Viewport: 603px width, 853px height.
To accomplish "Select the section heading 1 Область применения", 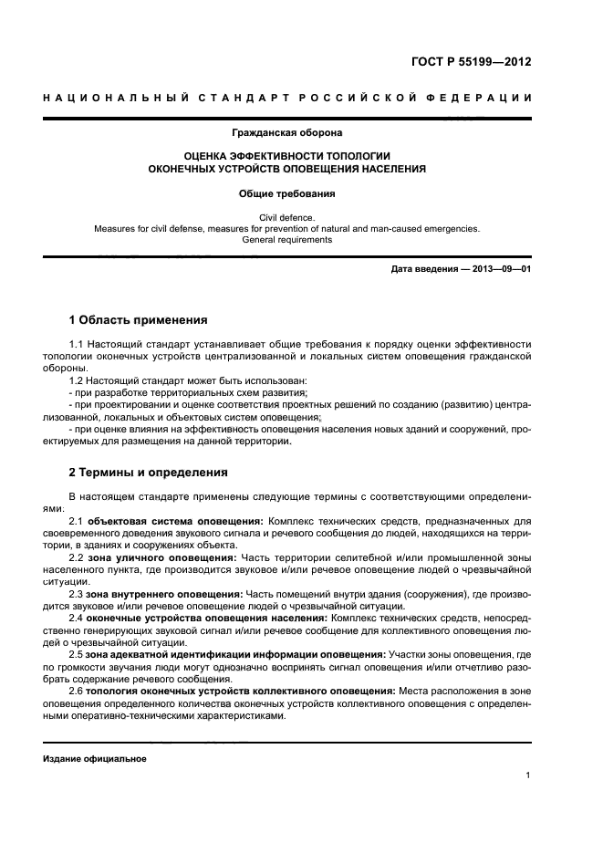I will click(x=139, y=320).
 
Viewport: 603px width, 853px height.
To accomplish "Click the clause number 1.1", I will click(x=78, y=344).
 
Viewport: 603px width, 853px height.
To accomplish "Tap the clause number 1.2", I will click(x=78, y=380).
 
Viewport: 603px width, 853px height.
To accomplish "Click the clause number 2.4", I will click(x=78, y=618).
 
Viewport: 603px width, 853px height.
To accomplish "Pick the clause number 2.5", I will click(x=78, y=654).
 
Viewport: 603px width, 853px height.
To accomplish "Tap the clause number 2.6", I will click(x=78, y=691).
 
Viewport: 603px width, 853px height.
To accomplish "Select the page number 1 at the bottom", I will click(x=528, y=776).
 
